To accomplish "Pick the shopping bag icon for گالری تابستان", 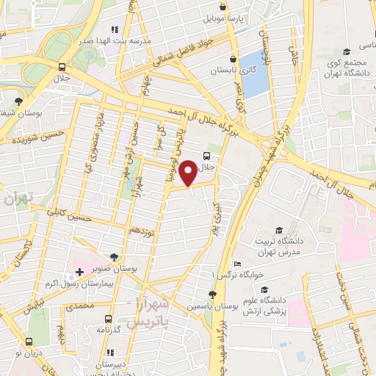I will (x=233, y=59).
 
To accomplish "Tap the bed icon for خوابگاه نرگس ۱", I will (x=236, y=264).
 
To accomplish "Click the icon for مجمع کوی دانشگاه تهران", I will (x=347, y=52).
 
